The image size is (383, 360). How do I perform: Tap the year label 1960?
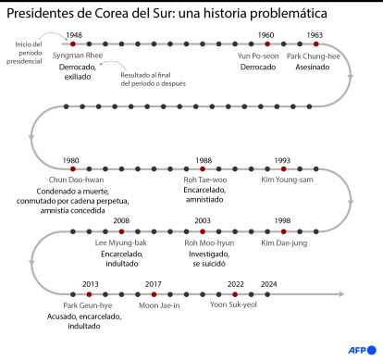click(266, 34)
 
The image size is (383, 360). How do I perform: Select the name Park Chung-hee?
click(314, 56)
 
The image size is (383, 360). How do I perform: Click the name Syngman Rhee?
click(79, 56)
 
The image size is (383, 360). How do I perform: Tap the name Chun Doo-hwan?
click(71, 180)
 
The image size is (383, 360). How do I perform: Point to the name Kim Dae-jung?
click(283, 242)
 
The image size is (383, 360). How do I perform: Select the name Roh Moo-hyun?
click(204, 242)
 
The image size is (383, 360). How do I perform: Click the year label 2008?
click(121, 220)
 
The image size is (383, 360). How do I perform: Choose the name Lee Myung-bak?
click(121, 242)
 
